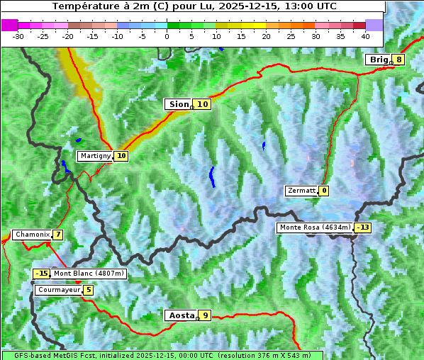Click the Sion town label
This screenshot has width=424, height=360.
coord(178,104)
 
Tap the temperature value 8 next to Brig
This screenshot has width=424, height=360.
coord(399,60)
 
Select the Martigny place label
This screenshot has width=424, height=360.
coord(95,156)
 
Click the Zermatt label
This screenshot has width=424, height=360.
coord(301,191)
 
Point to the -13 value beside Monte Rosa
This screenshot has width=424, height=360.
coord(363,227)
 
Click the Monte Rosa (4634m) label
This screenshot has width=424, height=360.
coord(315,227)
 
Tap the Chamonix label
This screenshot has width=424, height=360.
coord(32,235)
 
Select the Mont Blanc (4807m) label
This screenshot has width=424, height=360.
coord(89,274)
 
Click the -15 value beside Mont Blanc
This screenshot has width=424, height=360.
coord(41,274)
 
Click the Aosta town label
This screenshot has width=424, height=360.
coord(180,315)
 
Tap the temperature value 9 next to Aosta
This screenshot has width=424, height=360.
coord(205,315)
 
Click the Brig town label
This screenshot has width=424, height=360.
coord(379,60)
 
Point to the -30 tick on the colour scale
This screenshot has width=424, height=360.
coord(18,35)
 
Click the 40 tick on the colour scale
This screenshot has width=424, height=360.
coord(365,35)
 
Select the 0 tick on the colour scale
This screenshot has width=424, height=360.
coord(167,35)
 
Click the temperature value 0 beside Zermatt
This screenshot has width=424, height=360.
coord(324,191)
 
